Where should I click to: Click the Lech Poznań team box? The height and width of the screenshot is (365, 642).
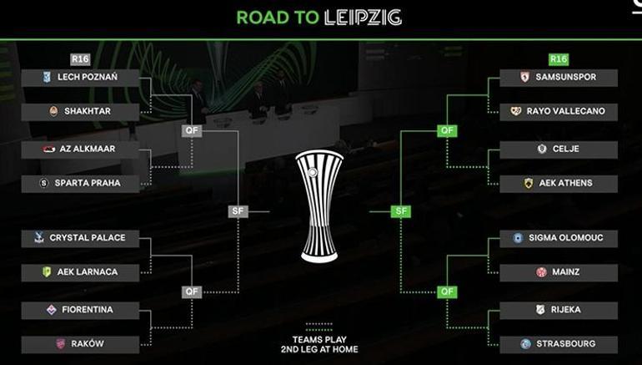tap(80, 78)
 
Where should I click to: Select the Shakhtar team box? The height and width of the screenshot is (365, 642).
tap(80, 112)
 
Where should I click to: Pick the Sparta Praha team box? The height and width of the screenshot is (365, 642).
tap(80, 183)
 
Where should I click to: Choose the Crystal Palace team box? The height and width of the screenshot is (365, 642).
tap(80, 238)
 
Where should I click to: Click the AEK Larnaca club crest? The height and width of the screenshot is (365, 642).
tap(47, 272)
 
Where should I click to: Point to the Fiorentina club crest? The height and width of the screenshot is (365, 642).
tap(52, 310)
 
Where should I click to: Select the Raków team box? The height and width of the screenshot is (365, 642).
tap(80, 344)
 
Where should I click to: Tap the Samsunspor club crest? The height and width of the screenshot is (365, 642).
tap(525, 77)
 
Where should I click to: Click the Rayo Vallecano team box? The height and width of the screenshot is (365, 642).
tap(559, 112)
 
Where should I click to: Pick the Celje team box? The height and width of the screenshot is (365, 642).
tap(559, 150)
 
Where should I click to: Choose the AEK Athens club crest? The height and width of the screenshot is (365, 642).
tap(529, 183)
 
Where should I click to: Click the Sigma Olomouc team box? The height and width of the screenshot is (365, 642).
tap(559, 238)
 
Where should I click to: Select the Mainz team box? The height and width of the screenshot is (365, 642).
tap(559, 272)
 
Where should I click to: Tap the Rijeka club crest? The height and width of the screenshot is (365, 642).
tap(540, 310)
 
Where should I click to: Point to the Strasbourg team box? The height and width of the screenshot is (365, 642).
tap(559, 344)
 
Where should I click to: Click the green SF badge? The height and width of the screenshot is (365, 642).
tap(401, 211)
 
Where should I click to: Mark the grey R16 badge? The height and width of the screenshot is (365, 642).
tap(80, 59)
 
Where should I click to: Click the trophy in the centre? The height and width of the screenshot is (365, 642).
tap(319, 206)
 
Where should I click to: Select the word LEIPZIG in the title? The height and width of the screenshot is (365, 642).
tap(363, 18)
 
